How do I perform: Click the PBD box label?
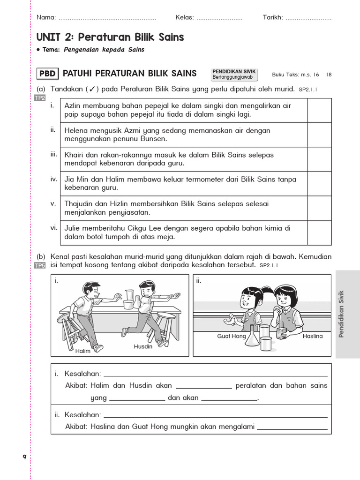(47, 73)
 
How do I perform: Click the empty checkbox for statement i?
(319, 110)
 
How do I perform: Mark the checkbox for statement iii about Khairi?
(319, 159)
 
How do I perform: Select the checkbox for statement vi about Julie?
(319, 232)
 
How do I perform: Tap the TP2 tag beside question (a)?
(40, 98)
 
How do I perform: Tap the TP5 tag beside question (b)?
(40, 265)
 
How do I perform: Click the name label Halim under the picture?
(82, 351)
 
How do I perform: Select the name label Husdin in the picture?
(143, 346)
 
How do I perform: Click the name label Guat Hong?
(232, 336)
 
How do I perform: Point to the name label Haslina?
(313, 336)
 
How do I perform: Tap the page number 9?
(24, 457)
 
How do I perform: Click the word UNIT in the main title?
(49, 37)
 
